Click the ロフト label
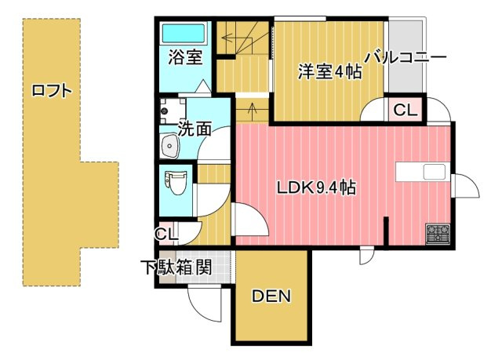52,90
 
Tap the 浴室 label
184,57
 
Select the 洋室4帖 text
329,71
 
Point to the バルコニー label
406,57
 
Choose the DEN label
271,296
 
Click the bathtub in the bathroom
183,34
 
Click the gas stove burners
437,233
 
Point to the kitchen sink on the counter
435,173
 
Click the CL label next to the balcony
405,111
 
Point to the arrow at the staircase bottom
251,109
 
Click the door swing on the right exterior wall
465,187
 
